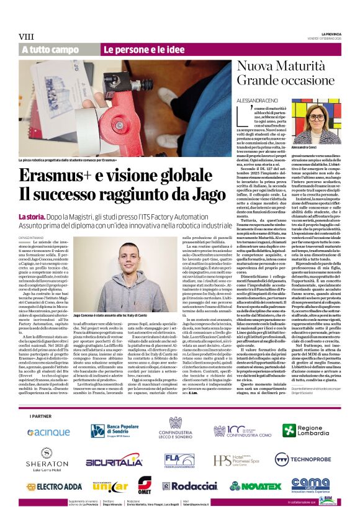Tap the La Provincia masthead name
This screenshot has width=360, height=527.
331,33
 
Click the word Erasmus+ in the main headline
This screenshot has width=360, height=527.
53,176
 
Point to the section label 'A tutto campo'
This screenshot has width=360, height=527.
50,50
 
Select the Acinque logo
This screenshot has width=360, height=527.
49,415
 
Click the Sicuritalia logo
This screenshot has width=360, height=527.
114,461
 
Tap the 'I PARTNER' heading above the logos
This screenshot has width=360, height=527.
42,398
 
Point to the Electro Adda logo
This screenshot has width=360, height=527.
48,487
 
